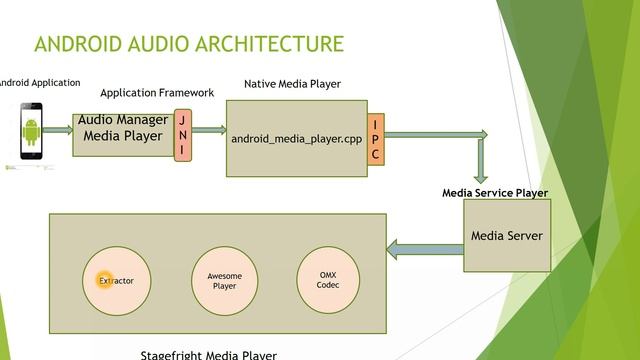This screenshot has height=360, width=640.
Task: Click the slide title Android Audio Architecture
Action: point(189,44)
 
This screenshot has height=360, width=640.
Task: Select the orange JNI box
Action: point(183,135)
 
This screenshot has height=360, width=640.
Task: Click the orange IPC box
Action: point(375,139)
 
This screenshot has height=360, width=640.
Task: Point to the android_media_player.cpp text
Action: point(296,139)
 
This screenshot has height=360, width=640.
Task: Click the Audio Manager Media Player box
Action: point(122,129)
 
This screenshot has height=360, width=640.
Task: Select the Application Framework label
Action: point(157,93)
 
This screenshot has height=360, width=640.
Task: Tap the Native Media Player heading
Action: point(292,84)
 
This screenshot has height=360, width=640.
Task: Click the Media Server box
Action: point(506,236)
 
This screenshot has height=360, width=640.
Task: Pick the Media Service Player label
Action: point(495,193)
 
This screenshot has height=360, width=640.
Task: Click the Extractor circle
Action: point(115,281)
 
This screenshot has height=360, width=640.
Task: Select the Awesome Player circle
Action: point(225,280)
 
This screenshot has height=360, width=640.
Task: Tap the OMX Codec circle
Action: point(328,279)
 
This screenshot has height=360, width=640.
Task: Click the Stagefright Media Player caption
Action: point(208,354)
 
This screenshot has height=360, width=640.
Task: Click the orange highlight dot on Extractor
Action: point(103,281)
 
